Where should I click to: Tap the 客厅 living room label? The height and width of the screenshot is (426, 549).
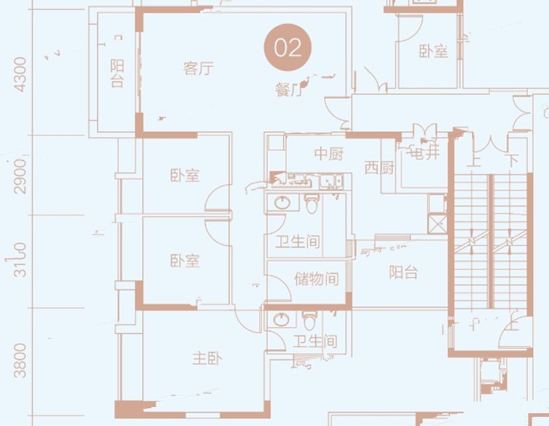click(198, 68)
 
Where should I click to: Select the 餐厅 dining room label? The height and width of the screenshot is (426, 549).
click(289, 91)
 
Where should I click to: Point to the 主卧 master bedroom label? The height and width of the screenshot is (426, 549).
click(207, 358)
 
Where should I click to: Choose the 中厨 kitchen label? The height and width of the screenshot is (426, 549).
click(329, 154)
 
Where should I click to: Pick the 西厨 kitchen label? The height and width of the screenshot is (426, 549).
click(379, 168)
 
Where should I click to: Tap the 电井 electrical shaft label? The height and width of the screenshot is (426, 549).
click(425, 154)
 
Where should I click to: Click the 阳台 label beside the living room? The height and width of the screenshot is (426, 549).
click(117, 73)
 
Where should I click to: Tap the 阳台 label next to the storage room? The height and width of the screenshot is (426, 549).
click(404, 272)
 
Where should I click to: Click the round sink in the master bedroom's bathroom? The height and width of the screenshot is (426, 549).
click(282, 320)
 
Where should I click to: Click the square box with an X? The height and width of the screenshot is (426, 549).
click(437, 224)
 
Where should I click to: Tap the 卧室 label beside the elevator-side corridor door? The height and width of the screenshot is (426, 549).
click(434, 51)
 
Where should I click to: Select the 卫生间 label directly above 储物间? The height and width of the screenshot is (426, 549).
click(298, 242)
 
